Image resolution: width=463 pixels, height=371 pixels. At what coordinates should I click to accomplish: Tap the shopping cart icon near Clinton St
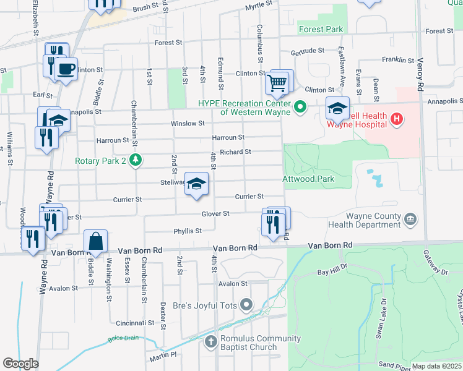coord(277,82)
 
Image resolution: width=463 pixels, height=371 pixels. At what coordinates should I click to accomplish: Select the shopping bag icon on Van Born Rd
coord(96,241)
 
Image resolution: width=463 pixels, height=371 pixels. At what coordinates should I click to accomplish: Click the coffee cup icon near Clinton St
coord(66,67)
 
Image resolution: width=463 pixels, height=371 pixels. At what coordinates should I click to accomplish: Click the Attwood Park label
coord(308,179)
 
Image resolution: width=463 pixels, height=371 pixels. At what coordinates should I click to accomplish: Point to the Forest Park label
coord(321,29)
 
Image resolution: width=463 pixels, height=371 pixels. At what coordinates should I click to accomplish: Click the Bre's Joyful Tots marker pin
coord(247,304)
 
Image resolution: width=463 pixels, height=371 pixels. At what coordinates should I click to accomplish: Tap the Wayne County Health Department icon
coord(409,219)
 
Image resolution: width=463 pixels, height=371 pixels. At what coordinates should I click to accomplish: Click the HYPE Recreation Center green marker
coord(301,108)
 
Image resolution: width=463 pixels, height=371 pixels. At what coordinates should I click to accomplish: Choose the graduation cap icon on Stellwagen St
coord(196,184)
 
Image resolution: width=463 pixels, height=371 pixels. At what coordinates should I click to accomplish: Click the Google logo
coord(20,364)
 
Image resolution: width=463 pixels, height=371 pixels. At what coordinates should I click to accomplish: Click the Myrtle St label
coord(259,5)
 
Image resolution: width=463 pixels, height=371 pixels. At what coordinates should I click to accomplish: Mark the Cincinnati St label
coord(134,323)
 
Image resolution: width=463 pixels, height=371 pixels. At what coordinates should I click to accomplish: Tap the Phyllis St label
coord(189,231)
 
